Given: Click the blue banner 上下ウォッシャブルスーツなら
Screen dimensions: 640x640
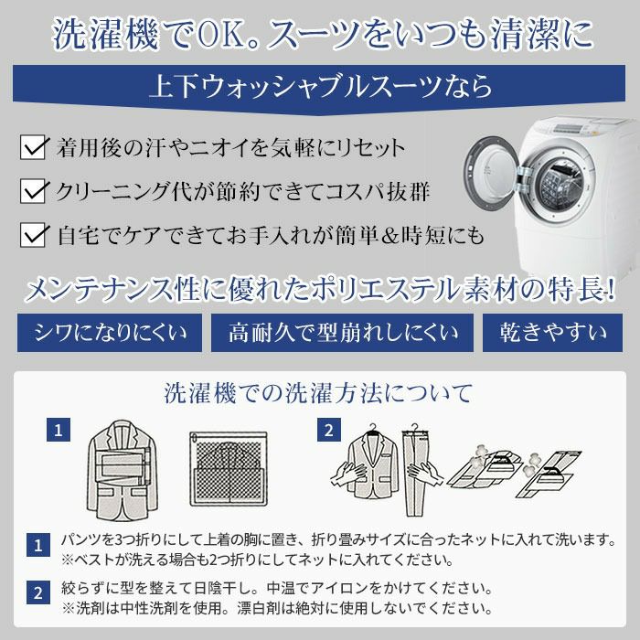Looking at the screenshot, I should [x=320, y=88].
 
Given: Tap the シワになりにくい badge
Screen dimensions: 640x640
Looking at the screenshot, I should [x=109, y=331].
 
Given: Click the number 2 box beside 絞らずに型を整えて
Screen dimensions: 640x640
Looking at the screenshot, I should [x=37, y=593].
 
